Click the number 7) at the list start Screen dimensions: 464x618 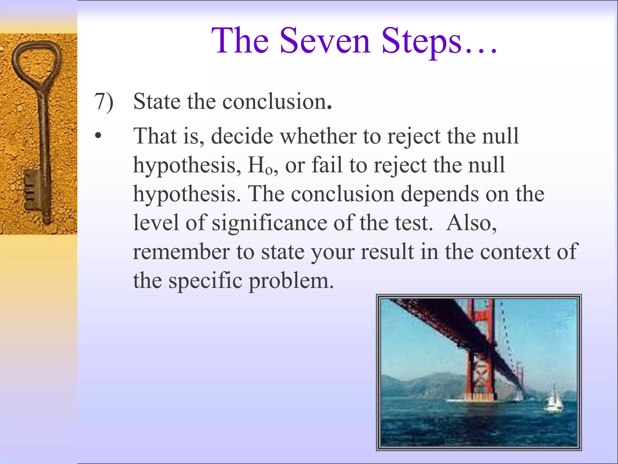[104, 101]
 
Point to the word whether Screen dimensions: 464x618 [318, 136]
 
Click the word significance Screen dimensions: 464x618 [269, 223]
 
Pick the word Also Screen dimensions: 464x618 [471, 223]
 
